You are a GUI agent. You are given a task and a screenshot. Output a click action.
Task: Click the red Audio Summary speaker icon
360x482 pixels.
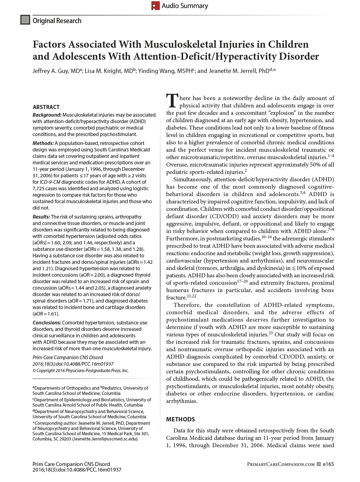pyautogui.click(x=155, y=6)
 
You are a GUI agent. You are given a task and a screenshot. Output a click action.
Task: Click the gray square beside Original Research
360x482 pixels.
pyautogui.click(x=25, y=20)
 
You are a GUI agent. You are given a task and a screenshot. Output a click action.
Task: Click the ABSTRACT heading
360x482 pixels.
pyautogui.click(x=46, y=107)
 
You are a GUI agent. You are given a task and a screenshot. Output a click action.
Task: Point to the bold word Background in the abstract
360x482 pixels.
pyautogui.click(x=47, y=115)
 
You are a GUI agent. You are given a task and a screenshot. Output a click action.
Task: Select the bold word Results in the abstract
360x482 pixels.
pyautogui.click(x=41, y=217)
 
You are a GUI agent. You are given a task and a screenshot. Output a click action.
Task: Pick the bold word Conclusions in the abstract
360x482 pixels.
pyautogui.click(x=47, y=323)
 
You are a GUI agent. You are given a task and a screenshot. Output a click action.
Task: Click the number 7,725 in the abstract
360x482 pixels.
pyautogui.click(x=39, y=188)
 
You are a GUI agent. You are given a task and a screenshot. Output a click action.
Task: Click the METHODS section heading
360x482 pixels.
pyautogui.click(x=181, y=419)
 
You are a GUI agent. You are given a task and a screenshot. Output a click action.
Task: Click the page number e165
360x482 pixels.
pyautogui.click(x=328, y=464)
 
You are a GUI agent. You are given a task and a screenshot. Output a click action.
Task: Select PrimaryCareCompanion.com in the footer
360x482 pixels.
pyautogui.click(x=281, y=464)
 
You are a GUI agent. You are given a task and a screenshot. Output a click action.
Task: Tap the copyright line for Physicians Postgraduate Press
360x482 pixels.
pyautogui.click(x=81, y=371)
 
